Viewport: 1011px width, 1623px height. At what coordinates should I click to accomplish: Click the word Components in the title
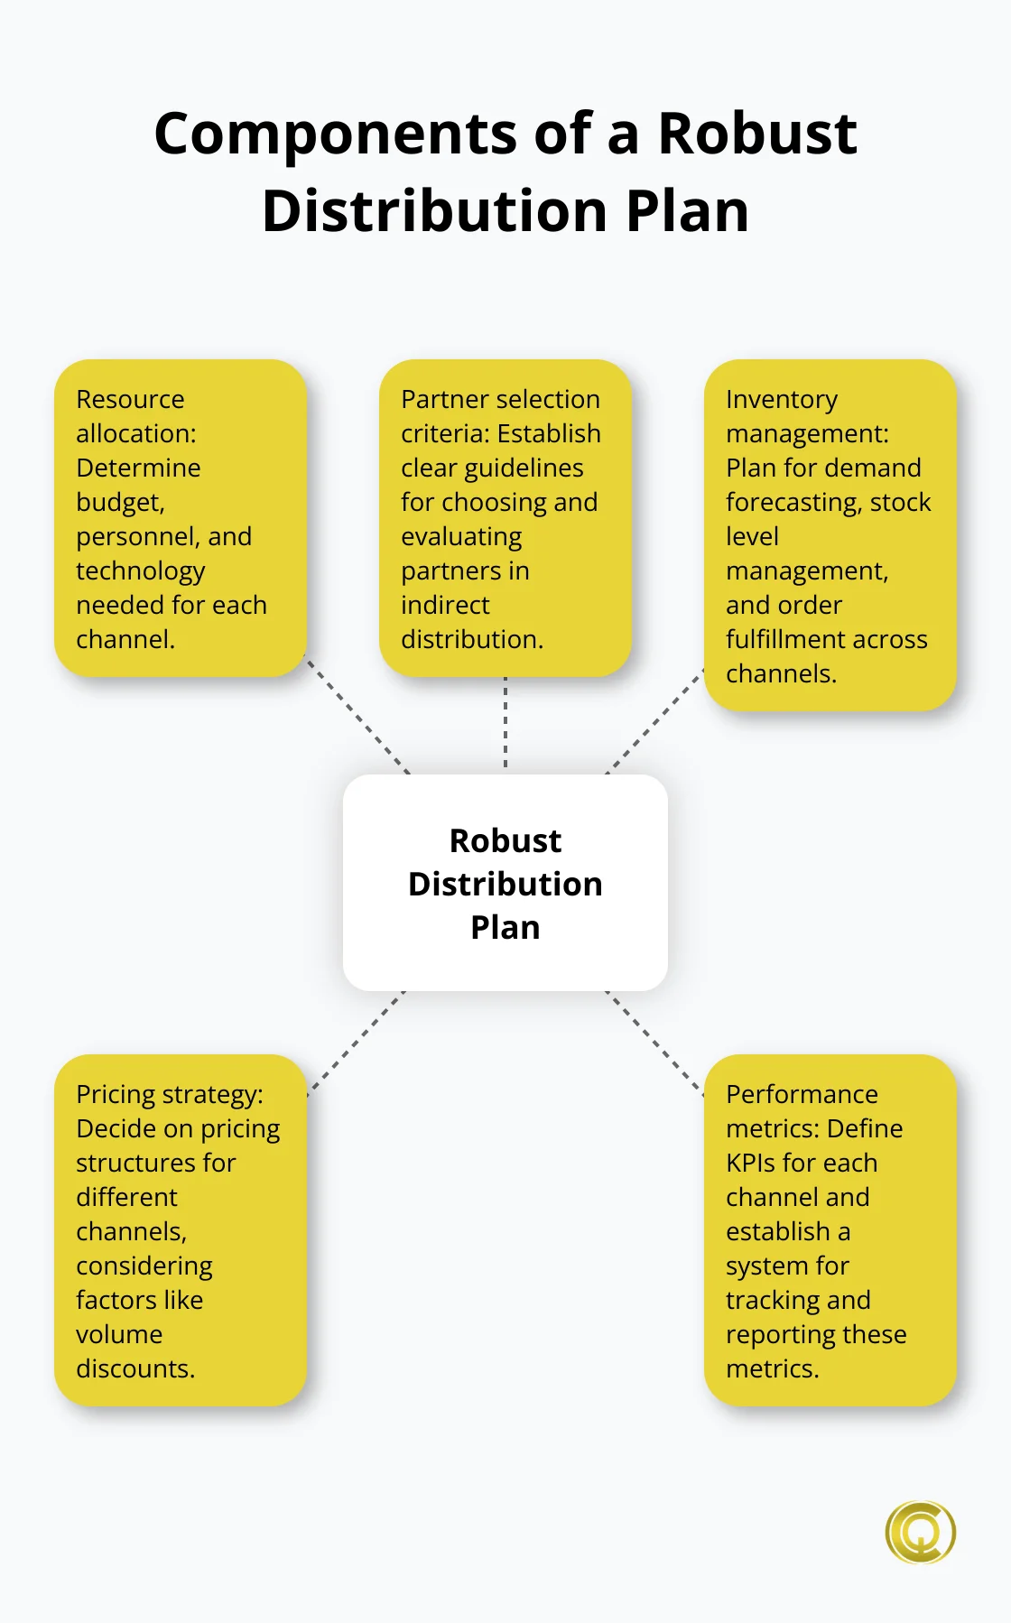[x=337, y=134]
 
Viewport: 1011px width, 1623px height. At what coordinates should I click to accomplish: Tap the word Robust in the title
[x=757, y=134]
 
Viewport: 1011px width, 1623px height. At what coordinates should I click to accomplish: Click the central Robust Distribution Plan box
[x=505, y=883]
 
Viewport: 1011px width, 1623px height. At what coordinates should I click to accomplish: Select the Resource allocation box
[x=181, y=518]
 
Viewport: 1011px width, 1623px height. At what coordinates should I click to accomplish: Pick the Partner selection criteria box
[x=505, y=518]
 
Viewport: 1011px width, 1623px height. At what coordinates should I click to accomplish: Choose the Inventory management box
[x=830, y=535]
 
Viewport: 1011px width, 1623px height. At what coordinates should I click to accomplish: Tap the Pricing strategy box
[x=181, y=1230]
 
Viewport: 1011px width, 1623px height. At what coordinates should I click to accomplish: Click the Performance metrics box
[x=830, y=1230]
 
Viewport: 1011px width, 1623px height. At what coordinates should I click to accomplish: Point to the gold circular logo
[x=921, y=1532]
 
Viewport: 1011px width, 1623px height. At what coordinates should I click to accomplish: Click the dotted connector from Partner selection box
[x=505, y=724]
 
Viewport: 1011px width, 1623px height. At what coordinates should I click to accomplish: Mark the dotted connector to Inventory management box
[x=654, y=721]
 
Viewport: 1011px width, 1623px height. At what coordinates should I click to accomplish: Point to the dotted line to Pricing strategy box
[x=357, y=1042]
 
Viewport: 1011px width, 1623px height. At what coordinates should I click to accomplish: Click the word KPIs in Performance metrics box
[x=756, y=1163]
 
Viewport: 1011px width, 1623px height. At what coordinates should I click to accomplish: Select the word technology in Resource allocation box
[x=140, y=571]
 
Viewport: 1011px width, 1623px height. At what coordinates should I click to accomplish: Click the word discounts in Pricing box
[x=135, y=1368]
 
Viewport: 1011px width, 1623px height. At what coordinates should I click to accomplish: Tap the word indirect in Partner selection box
[x=445, y=605]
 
